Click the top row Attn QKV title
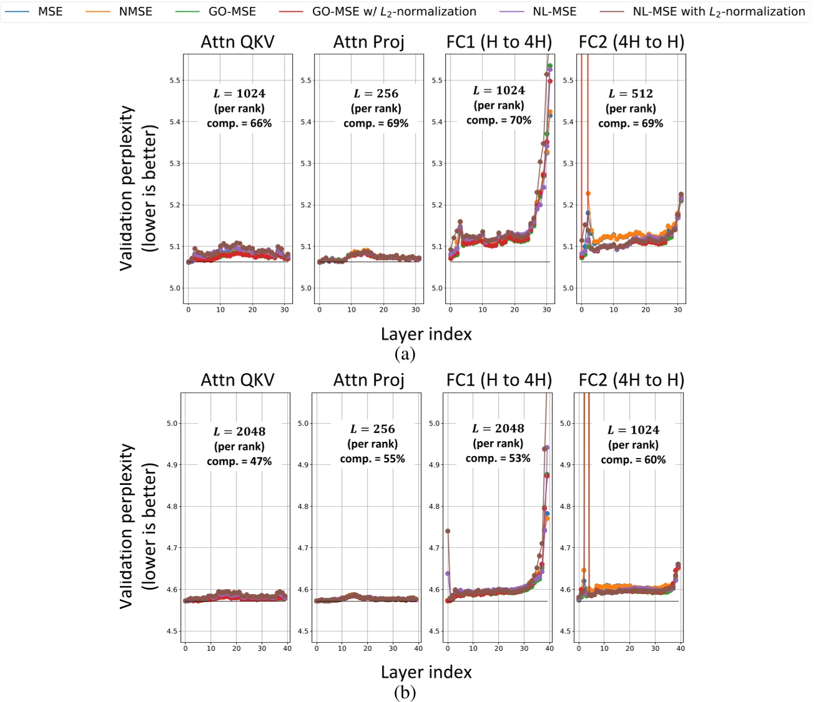[237, 42]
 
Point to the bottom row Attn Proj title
[368, 380]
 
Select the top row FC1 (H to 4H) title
[499, 42]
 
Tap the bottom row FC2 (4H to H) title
[631, 380]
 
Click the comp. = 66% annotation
[239, 124]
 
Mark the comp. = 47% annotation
[239, 462]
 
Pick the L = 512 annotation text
[630, 94]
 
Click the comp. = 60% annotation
[633, 460]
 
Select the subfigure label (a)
[405, 354]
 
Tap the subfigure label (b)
[405, 693]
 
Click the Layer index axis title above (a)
[426, 334]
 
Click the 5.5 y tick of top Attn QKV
[175, 80]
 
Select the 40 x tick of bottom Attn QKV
[287, 648]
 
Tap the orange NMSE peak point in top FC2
[588, 193]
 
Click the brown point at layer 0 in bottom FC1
[448, 531]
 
